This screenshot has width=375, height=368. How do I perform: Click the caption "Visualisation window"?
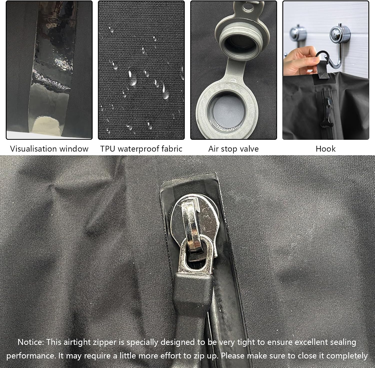pyautogui.click(x=49, y=149)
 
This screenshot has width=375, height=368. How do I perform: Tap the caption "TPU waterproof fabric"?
pyautogui.click(x=141, y=149)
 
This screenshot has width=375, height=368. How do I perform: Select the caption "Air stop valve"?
pyautogui.click(x=233, y=149)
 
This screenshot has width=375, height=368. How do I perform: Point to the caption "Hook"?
pyautogui.click(x=325, y=149)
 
